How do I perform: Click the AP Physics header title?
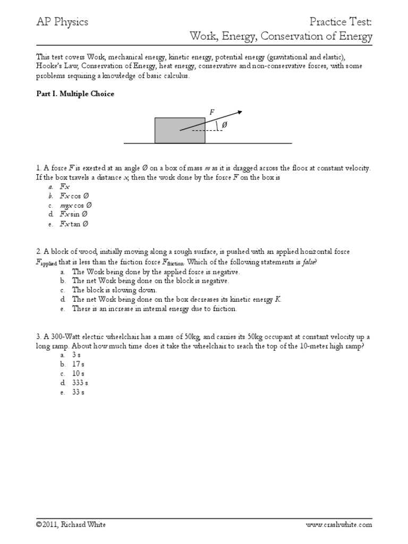click(62, 22)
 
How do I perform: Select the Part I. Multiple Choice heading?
click(75, 94)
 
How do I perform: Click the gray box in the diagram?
click(180, 131)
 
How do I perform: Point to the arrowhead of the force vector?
click(240, 112)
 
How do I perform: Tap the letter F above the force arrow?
click(212, 112)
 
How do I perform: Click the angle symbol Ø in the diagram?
click(224, 125)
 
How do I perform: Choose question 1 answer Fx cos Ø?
click(76, 195)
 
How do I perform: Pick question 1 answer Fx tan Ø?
click(74, 224)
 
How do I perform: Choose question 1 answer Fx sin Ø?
click(74, 214)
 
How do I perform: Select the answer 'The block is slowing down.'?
click(115, 290)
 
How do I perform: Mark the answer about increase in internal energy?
click(155, 309)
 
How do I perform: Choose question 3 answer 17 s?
click(79, 364)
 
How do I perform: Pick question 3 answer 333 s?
click(80, 382)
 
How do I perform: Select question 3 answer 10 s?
click(79, 373)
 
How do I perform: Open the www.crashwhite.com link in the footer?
click(339, 524)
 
